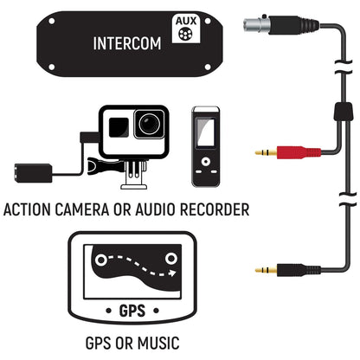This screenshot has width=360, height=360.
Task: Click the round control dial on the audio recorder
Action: pos(205,167)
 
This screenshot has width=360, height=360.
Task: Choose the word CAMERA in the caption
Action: pos(93,209)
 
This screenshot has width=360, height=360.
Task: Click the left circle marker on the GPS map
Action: pos(100,259)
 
